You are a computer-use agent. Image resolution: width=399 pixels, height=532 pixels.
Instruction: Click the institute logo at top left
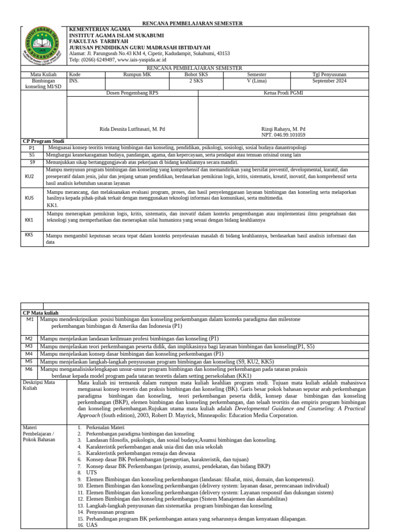click(43, 45)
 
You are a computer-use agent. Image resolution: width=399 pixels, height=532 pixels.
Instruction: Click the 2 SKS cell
click(196, 81)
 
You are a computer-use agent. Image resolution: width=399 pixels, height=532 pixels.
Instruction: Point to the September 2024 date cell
click(329, 81)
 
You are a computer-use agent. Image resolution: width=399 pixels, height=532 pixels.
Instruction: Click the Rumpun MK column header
click(137, 74)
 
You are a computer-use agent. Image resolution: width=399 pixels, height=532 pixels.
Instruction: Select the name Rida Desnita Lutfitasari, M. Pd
click(132, 129)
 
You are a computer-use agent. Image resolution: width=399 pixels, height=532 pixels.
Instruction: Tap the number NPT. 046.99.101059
click(283, 135)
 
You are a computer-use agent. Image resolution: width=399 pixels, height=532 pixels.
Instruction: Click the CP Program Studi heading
click(43, 141)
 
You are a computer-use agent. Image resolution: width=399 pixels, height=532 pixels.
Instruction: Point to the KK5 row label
click(30, 235)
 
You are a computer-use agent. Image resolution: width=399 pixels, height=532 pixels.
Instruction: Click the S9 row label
click(32, 162)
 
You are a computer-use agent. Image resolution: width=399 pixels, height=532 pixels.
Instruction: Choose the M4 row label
click(30, 353)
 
